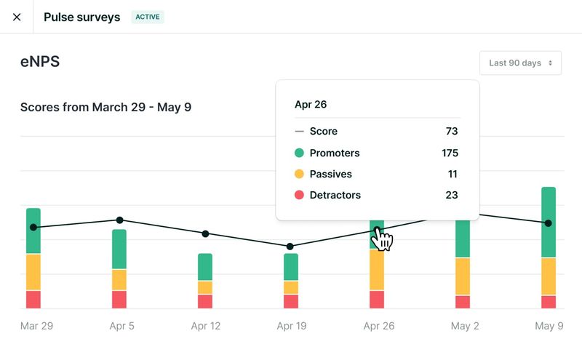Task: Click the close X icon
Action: [17, 17]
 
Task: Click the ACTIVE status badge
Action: [148, 17]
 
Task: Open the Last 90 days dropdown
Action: [520, 63]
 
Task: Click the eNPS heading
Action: [40, 63]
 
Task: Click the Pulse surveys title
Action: [81, 17]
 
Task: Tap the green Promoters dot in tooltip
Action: [299, 153]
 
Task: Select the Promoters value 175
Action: [449, 153]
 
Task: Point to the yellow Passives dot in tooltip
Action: [299, 175]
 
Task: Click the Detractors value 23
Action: [451, 195]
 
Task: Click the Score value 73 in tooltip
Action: [451, 132]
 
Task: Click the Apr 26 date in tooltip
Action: [311, 105]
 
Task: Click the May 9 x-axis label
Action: [549, 326]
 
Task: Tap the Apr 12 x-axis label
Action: [205, 326]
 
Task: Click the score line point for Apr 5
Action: [119, 220]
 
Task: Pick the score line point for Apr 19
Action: [290, 246]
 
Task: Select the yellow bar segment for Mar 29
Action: [33, 272]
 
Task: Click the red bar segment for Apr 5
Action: [119, 300]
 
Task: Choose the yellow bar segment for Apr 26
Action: [377, 270]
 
